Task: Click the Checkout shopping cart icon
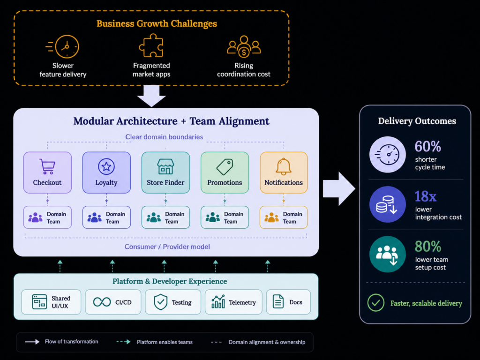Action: pyautogui.click(x=47, y=166)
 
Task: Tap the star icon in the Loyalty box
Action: pyautogui.click(x=106, y=166)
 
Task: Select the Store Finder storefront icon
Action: pyautogui.click(x=165, y=166)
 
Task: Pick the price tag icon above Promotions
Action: pyautogui.click(x=225, y=167)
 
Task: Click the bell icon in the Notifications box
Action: pyautogui.click(x=284, y=166)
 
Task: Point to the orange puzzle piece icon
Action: pyautogui.click(x=151, y=45)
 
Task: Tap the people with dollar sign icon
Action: pyautogui.click(x=244, y=46)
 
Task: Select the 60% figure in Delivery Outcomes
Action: pyautogui.click(x=427, y=146)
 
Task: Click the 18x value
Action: pyautogui.click(x=425, y=196)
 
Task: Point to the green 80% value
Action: pyautogui.click(x=428, y=246)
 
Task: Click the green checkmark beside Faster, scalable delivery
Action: pyautogui.click(x=375, y=303)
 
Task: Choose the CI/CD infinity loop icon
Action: pyautogui.click(x=102, y=302)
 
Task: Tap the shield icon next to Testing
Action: pyautogui.click(x=160, y=302)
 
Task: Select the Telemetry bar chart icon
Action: pyautogui.click(x=218, y=302)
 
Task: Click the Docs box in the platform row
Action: pyautogui.click(x=288, y=302)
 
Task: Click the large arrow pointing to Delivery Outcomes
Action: pyautogui.click(x=339, y=188)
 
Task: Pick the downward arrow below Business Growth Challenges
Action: pyautogui.click(x=151, y=96)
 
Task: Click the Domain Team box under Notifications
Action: pyautogui.click(x=284, y=217)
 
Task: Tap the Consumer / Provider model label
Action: pyautogui.click(x=167, y=247)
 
